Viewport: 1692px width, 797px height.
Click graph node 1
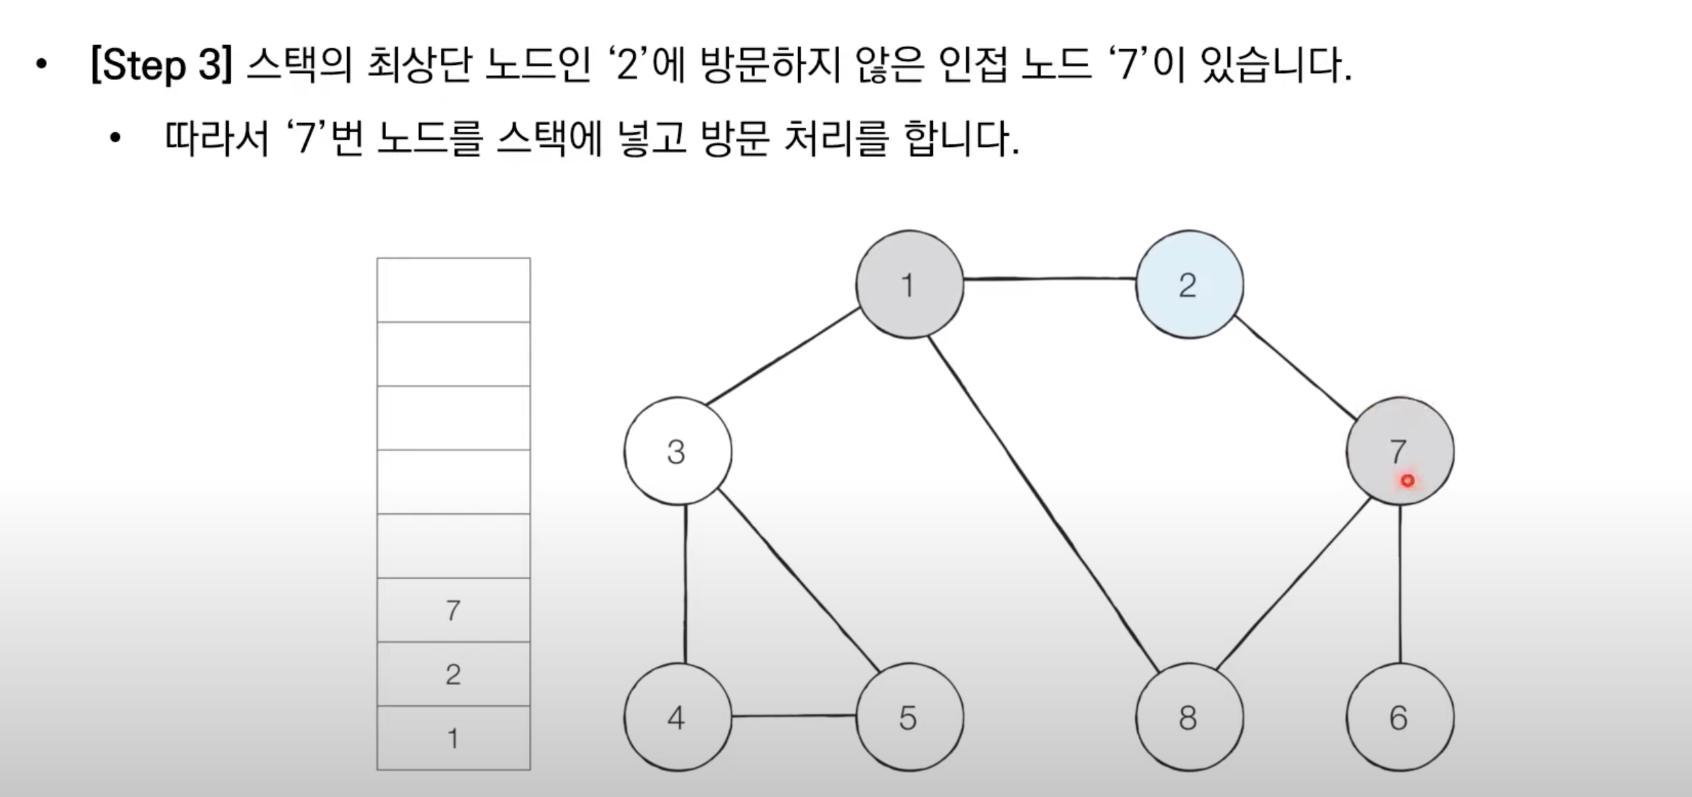click(910, 284)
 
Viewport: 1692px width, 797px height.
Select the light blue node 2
click(1189, 284)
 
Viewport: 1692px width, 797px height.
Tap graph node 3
click(677, 451)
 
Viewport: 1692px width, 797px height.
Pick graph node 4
click(677, 717)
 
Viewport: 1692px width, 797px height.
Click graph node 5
click(910, 717)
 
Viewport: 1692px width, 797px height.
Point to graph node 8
click(1189, 717)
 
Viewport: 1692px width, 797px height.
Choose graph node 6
click(1400, 717)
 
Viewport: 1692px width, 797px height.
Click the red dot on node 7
click(1407, 481)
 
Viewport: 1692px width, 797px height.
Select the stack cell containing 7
click(453, 610)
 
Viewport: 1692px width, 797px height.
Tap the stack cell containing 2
click(453, 674)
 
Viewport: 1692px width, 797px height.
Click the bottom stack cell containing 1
click(453, 738)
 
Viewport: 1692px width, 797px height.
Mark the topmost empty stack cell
click(453, 290)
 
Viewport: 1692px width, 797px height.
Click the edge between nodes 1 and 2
click(1050, 279)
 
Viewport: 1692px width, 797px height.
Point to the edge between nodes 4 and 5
click(793, 716)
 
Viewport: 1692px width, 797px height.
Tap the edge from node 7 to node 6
click(1400, 584)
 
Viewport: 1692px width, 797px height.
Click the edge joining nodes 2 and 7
click(1295, 367)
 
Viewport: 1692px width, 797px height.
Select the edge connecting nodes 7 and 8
click(1294, 584)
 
